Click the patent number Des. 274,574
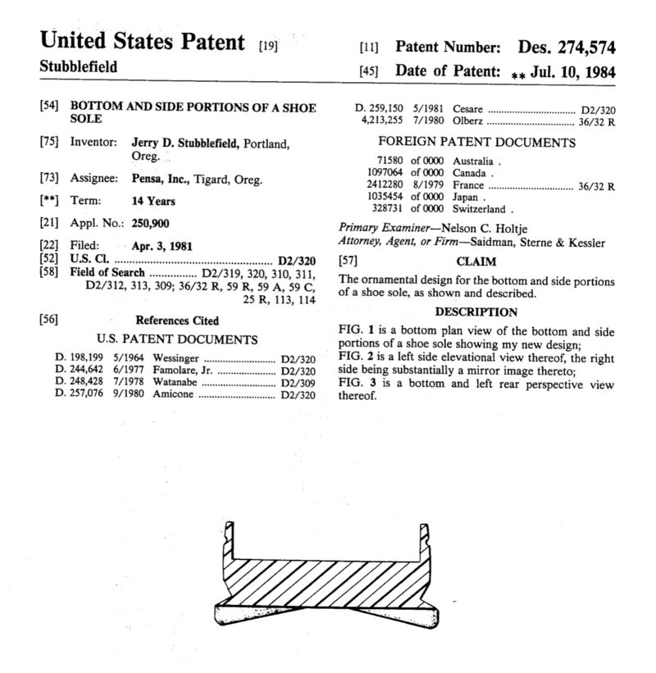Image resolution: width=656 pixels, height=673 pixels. (566, 48)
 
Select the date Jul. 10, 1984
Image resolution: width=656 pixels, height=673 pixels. (572, 71)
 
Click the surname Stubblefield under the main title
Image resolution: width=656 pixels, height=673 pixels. (78, 67)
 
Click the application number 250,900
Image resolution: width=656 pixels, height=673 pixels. (150, 222)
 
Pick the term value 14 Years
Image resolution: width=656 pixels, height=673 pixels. (153, 201)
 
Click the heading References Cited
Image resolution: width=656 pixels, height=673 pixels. (176, 321)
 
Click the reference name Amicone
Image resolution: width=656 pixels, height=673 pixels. (173, 394)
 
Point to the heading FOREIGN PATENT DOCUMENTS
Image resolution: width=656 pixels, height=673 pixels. (476, 143)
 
